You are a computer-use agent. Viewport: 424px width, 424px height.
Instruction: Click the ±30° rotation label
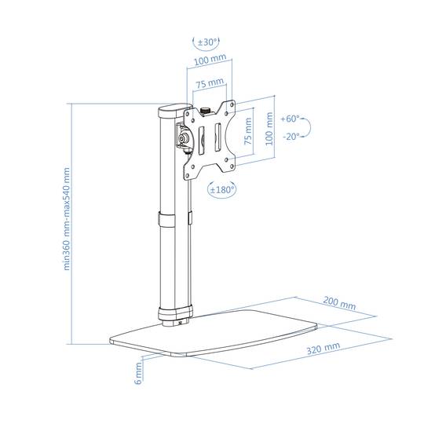[x=207, y=42]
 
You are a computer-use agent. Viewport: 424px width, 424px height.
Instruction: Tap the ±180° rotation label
[x=221, y=189]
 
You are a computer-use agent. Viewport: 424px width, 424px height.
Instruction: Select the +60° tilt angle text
[x=291, y=119]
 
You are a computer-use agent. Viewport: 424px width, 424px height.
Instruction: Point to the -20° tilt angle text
[x=291, y=137]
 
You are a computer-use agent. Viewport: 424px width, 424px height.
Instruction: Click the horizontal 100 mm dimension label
[x=210, y=60]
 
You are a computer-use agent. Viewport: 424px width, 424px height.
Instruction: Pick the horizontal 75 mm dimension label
[x=210, y=82]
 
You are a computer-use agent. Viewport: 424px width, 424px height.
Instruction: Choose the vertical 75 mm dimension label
[x=248, y=131]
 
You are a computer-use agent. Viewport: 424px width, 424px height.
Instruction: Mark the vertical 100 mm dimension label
[x=269, y=129]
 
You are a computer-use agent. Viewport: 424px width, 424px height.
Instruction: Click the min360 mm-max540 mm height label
[x=66, y=219]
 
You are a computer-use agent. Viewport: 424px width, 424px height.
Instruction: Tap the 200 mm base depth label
[x=339, y=303]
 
